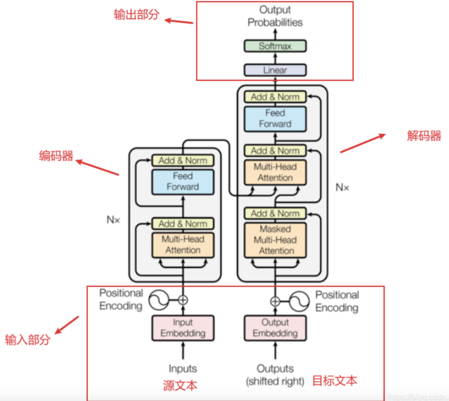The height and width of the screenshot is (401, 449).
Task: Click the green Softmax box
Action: click(275, 46)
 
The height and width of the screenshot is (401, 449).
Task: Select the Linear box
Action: click(275, 70)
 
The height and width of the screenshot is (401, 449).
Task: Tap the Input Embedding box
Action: click(183, 328)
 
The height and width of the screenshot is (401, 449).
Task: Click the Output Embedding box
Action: click(275, 328)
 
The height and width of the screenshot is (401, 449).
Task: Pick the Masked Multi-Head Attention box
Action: click(275, 240)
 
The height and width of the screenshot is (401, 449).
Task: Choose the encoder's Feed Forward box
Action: click(183, 182)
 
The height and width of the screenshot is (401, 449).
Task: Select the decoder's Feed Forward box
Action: click(275, 119)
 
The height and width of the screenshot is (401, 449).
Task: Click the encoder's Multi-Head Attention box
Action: click(183, 245)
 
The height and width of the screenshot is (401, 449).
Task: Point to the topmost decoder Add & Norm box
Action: click(275, 97)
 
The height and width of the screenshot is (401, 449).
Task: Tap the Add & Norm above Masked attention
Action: click(275, 213)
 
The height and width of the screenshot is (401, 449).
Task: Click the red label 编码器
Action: click(56, 156)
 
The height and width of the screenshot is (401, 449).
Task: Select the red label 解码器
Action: click(424, 136)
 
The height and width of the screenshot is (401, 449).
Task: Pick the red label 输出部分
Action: click(136, 15)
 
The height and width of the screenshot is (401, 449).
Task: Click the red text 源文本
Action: click(180, 386)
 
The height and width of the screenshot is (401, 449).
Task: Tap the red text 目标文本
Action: click(335, 381)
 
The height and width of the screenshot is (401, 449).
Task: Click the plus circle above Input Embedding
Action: click(183, 300)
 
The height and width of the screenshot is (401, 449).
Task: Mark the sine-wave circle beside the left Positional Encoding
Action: click(159, 300)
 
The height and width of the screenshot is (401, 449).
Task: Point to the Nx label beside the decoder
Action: click(342, 187)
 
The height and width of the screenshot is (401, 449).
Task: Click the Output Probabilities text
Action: click(275, 16)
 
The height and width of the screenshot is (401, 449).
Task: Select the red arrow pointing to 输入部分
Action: click(67, 325)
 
